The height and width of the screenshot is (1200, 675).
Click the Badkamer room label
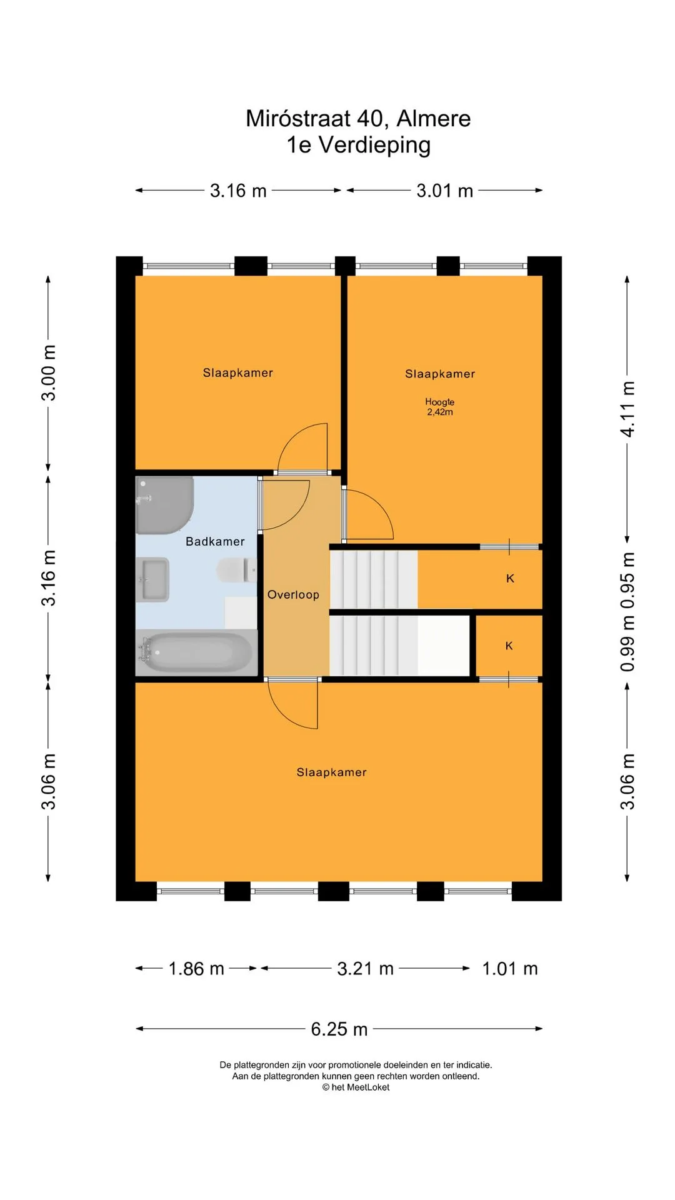click(x=215, y=541)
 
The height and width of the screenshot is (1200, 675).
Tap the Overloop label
click(x=293, y=594)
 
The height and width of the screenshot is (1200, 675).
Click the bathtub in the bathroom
click(x=197, y=652)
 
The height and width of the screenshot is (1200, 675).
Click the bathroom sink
click(x=152, y=579)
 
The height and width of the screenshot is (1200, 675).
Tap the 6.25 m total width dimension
click(x=339, y=1029)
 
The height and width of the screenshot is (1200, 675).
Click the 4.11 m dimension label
click(x=627, y=409)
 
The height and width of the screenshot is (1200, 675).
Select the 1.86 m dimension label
click(x=196, y=969)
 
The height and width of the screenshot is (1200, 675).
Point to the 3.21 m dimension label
click(x=366, y=969)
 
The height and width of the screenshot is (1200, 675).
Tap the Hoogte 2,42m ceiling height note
click(x=440, y=407)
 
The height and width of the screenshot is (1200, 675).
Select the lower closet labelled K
click(x=509, y=646)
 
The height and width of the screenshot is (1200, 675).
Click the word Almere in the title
click(x=434, y=118)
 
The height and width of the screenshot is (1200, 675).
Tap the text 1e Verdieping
click(x=359, y=144)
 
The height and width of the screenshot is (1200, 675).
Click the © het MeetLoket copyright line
click(x=356, y=1087)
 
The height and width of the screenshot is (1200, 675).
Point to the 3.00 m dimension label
click(x=48, y=372)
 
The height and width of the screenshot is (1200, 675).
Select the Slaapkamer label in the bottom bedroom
click(x=332, y=772)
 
